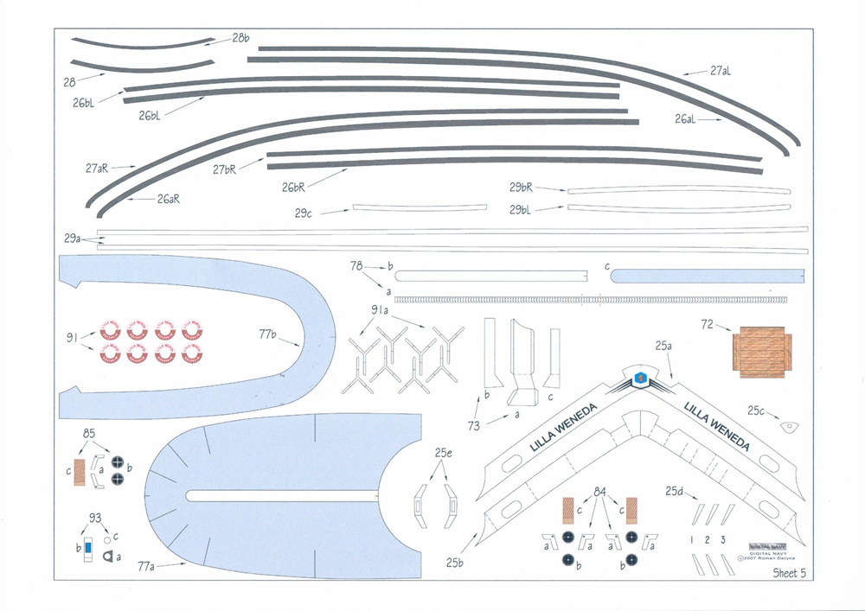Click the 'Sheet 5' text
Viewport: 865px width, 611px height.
point(789,572)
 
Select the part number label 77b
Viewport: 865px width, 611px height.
point(269,334)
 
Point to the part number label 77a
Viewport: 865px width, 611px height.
point(146,567)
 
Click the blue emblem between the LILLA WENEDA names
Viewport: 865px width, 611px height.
point(640,378)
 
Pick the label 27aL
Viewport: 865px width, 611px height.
point(721,72)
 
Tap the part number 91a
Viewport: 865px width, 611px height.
point(381,309)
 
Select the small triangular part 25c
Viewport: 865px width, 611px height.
point(788,426)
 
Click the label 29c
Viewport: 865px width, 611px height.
point(303,213)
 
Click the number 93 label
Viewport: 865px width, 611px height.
point(95,518)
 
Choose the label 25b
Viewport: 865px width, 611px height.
point(456,563)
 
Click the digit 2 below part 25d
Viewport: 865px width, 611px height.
point(708,539)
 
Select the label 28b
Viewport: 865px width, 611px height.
point(240,38)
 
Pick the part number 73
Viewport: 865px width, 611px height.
point(474,426)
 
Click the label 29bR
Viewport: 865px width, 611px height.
point(521,187)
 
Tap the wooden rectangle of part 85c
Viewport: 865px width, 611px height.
point(80,471)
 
